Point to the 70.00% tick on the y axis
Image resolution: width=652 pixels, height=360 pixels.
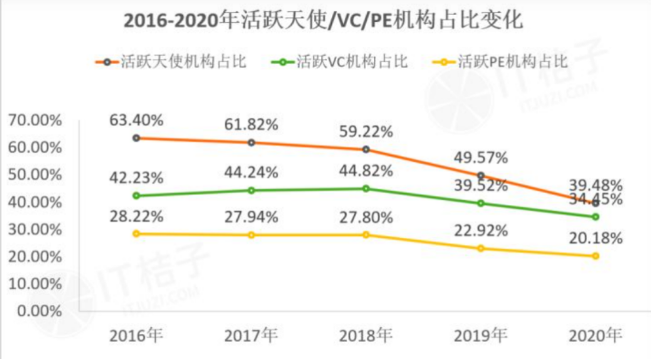tap(35, 120)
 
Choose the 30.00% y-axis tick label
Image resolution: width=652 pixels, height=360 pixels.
tap(35, 229)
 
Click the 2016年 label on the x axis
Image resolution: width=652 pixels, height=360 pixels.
tap(136, 334)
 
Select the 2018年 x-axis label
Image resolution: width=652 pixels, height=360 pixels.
tap(366, 334)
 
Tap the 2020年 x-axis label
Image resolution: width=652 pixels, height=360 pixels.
tap(596, 334)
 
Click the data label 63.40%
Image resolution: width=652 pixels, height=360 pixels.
tap(136, 121)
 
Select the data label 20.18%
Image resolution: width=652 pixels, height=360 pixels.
tap(596, 238)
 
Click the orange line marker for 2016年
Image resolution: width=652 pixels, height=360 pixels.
tap(136, 138)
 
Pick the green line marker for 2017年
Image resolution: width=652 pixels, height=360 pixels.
tap(251, 190)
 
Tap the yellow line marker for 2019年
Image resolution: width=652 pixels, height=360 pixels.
tap(481, 248)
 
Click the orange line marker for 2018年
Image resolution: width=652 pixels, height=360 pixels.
tap(366, 149)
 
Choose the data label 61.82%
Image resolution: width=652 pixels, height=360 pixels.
tap(251, 124)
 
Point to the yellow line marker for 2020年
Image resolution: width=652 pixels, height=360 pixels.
tap(596, 256)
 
